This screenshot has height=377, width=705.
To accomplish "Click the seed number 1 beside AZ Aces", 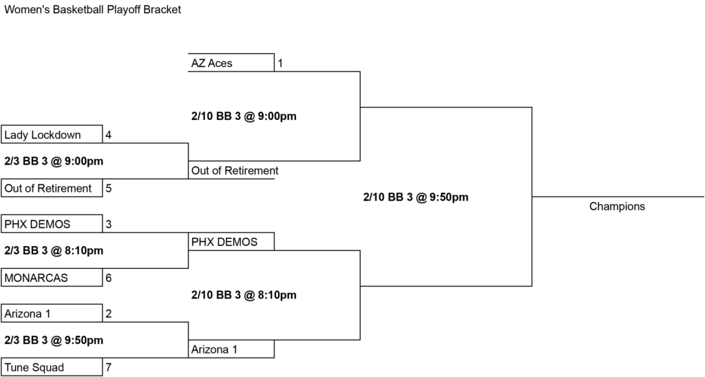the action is pos(280,63).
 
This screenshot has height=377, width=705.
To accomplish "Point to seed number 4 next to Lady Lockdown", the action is pos(108,134).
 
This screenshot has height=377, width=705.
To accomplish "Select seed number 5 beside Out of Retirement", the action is pos(108,188).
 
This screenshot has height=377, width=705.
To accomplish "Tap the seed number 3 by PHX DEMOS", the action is pos(108,224).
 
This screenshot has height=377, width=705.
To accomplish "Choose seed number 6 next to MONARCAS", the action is pos(108,278).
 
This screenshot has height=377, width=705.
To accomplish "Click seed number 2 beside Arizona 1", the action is pos(108,314).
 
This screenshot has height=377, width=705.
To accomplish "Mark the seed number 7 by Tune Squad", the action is pos(108,367).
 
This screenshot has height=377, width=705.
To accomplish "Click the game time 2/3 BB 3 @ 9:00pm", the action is pos(54,161).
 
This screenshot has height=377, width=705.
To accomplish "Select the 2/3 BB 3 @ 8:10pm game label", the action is pos(54,251).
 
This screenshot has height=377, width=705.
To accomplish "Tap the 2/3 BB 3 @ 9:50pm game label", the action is pos(54,340).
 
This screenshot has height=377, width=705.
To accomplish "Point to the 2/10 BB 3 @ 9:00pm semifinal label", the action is pos(244,116).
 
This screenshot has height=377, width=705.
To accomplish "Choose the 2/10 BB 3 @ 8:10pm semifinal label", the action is pos(244,295).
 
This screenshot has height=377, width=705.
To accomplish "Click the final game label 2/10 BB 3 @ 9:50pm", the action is pos(416,197).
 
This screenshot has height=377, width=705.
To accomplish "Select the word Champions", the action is pos(617,207).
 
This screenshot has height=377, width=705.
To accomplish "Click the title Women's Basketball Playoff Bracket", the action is pos(93,10).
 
